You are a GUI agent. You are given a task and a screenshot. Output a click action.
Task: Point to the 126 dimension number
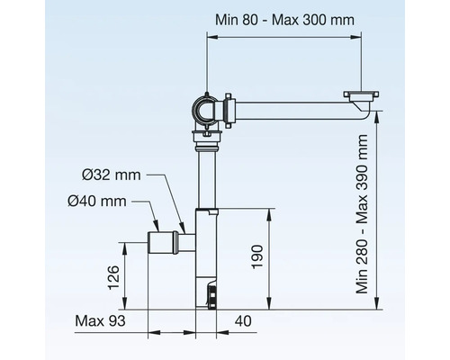point(112,274)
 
